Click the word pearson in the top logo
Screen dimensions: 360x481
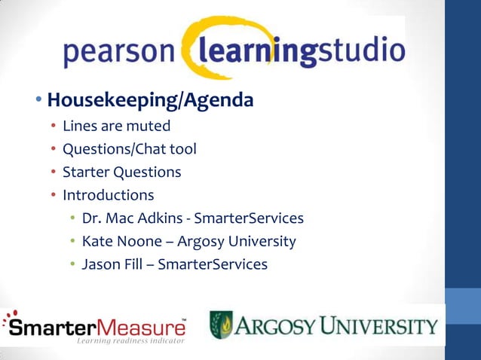point(120,53)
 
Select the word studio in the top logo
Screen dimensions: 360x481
point(360,52)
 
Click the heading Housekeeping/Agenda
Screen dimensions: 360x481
point(150,99)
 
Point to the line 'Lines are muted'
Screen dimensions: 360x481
point(116,125)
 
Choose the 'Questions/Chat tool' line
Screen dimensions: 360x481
point(129,148)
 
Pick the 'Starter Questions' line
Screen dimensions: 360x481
point(121,172)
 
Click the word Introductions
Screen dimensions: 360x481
point(108,195)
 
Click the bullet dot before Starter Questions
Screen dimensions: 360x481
point(54,172)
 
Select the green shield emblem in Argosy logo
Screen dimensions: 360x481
point(220,325)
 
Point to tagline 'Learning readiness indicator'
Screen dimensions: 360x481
point(130,341)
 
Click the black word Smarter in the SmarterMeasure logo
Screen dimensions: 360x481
point(54,328)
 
